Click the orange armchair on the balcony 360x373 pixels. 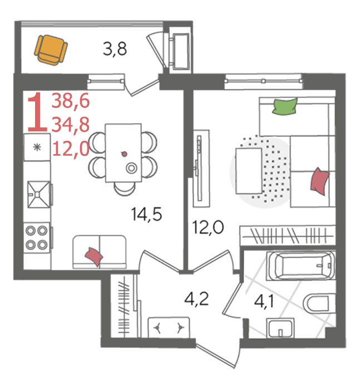pos(51,50)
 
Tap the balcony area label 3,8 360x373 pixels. pos(115,49)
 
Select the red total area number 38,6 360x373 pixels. pos(71,101)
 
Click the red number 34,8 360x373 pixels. pos(71,125)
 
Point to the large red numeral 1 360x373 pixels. pos(37,112)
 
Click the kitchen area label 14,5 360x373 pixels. pos(146,214)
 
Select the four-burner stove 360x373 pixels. pos(37,238)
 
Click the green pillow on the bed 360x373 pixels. pos(285,106)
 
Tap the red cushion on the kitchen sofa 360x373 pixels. pos(94,256)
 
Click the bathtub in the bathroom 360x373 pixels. pos(300,266)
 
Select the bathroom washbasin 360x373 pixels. pos(280,328)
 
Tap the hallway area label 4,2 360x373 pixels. pos(196,299)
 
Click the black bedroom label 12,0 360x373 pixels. pos(208,228)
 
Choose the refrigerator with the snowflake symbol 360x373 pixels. pos(37,147)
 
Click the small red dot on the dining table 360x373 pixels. pos(124,154)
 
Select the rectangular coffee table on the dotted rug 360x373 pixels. pos(249,171)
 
